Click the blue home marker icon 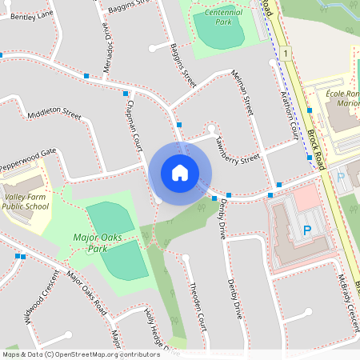tap(180, 172)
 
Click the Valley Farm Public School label tap(26, 201)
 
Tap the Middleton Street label tap(54, 115)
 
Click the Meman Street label tap(242, 92)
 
